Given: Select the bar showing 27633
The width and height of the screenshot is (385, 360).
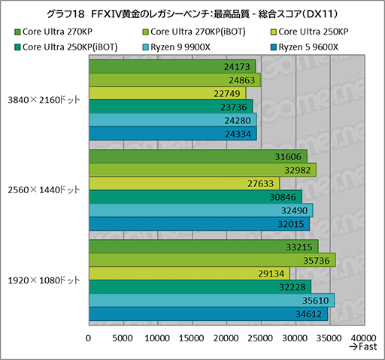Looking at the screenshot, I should [183, 183].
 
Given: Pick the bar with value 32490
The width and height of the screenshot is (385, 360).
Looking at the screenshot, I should [200, 209].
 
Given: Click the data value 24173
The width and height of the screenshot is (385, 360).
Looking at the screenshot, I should [238, 67].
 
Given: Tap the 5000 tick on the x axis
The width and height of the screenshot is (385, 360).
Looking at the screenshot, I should [123, 338].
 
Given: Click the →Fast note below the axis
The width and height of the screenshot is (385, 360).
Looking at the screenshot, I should [363, 349].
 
